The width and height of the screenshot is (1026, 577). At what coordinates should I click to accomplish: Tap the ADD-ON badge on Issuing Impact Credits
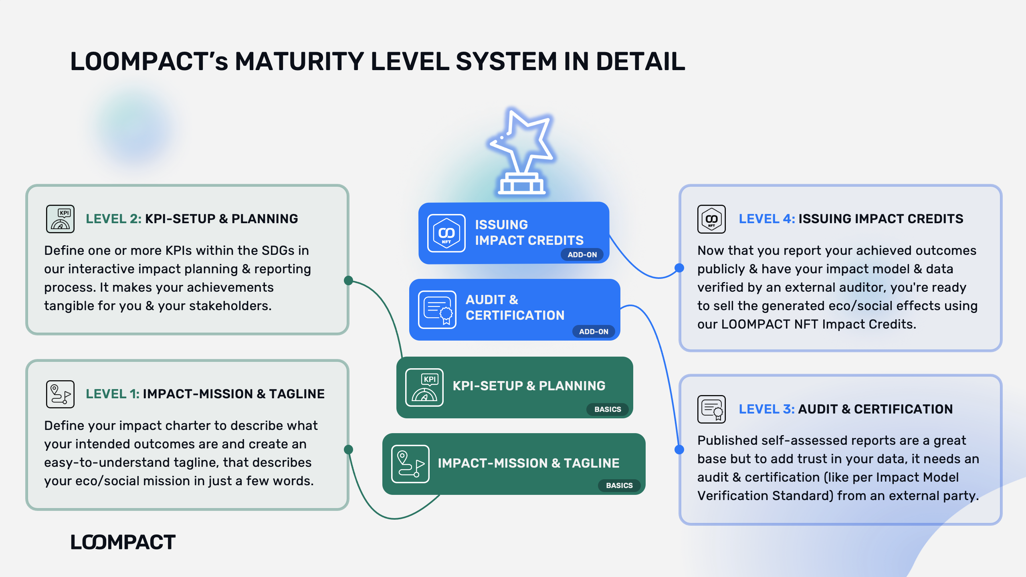click(582, 254)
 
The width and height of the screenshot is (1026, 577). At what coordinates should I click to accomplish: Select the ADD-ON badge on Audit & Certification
click(594, 331)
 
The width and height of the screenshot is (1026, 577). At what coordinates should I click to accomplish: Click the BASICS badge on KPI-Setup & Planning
click(608, 409)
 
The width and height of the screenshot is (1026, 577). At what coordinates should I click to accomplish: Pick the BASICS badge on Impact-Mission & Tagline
click(619, 485)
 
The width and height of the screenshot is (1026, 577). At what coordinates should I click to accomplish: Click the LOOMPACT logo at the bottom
click(123, 543)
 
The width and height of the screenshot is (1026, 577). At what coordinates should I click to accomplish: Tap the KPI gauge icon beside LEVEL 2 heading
click(60, 219)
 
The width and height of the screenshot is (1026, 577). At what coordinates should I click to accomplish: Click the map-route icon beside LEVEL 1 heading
click(60, 394)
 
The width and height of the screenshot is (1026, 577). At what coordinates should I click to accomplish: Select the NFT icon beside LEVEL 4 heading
click(711, 219)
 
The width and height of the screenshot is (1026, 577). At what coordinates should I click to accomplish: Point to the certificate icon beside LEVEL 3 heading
click(711, 409)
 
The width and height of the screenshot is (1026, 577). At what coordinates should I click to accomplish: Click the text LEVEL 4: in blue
click(767, 219)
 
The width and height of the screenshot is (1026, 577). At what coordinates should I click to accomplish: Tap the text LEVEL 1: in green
click(113, 394)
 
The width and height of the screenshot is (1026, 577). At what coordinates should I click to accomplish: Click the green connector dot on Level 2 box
click(349, 280)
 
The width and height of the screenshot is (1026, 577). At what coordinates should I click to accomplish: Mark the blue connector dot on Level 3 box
click(679, 450)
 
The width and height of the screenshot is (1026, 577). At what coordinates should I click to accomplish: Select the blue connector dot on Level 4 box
click(679, 268)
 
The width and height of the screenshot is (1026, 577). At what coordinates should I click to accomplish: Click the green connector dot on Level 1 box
click(349, 450)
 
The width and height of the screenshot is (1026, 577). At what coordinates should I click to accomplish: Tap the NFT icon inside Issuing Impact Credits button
click(446, 233)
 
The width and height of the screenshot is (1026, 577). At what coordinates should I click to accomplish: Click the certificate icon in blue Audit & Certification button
click(437, 310)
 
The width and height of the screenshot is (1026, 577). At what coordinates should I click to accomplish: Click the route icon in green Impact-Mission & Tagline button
click(410, 464)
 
